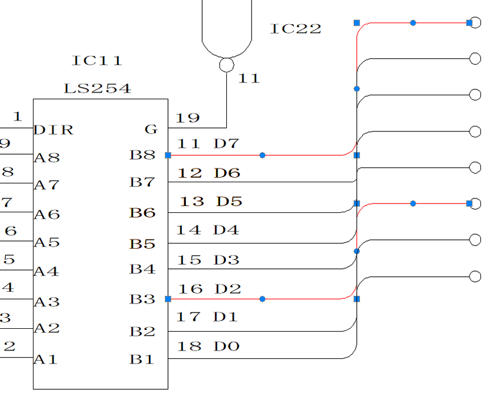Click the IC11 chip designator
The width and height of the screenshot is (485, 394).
pos(97,60)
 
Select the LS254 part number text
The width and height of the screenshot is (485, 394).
pos(97,89)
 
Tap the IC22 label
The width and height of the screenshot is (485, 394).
pos(296,29)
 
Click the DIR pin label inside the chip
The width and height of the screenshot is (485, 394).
pos(54,130)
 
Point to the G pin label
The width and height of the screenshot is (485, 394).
pos(151,129)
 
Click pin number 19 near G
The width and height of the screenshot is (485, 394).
pos(188,118)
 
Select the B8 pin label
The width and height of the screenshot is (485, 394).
pos(142,155)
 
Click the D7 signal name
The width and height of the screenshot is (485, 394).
pos(226,144)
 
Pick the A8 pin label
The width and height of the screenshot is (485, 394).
pos(47,157)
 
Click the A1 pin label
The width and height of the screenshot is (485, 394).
pos(46,359)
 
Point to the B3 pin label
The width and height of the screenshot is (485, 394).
pos(142,299)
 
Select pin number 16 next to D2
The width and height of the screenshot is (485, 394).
pos(190,289)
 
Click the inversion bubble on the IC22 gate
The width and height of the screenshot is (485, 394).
pos(226,65)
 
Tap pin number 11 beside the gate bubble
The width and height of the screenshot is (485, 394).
pos(249,78)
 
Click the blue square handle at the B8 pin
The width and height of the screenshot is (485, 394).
pos(168,155)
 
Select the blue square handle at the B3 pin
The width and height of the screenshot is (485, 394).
pos(168,299)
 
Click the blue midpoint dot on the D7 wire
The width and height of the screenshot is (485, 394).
pos(262,155)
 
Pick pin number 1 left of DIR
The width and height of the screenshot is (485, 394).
pos(17,117)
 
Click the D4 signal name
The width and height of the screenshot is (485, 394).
pos(226,230)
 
